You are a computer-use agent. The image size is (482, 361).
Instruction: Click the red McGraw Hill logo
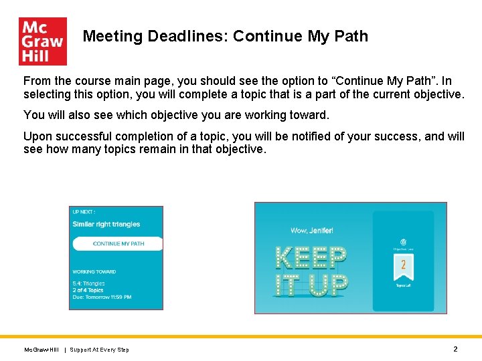pos(43,41)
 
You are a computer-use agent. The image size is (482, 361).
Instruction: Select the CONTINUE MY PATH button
pos(118,244)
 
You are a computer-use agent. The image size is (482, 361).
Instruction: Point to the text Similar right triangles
pos(106,225)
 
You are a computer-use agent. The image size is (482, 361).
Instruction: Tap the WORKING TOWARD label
pos(94,272)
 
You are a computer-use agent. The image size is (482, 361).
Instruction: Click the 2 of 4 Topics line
pos(88,290)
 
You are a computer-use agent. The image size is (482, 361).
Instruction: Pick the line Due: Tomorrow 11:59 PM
pos(102,297)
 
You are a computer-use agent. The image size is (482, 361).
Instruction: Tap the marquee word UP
pos(329,285)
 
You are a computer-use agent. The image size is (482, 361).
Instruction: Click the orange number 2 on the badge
pos(403,264)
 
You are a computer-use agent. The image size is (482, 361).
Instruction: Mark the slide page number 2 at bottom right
pos(455,349)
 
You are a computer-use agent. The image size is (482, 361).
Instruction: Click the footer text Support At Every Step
pos(100,350)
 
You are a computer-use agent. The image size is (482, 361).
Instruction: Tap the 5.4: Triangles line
pos(89,283)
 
